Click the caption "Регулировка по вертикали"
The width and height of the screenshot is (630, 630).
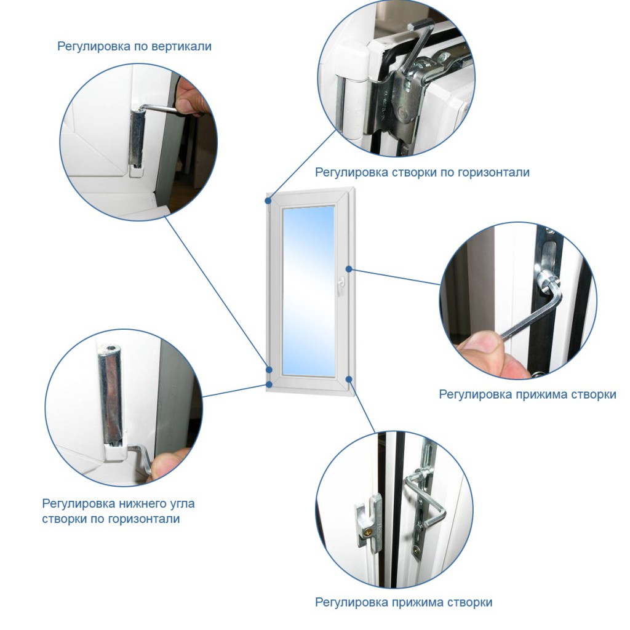click(x=134, y=46)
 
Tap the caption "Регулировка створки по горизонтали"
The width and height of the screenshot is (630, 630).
click(x=422, y=172)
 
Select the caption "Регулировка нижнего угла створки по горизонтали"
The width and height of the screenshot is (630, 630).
click(x=119, y=511)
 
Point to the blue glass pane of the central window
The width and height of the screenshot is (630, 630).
click(x=309, y=292)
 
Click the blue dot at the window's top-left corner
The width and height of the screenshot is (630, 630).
click(x=268, y=200)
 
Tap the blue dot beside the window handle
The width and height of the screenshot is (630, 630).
click(x=349, y=269)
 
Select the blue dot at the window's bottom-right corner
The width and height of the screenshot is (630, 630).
click(x=349, y=379)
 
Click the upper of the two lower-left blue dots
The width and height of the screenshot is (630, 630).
click(x=269, y=370)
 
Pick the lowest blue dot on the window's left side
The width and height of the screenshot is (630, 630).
click(x=269, y=385)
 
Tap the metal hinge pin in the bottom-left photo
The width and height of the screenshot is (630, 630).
click(x=111, y=393)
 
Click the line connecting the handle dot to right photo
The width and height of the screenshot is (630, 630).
click(x=394, y=277)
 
